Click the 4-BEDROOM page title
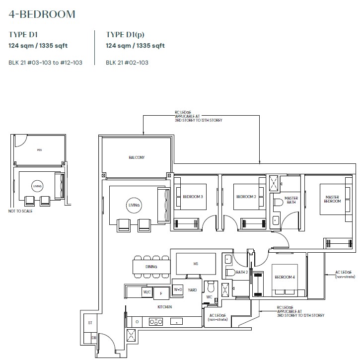[42, 14]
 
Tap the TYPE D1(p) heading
[125, 35]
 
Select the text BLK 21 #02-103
[127, 63]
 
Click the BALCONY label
[137, 157]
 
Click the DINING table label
[151, 267]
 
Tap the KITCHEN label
[164, 307]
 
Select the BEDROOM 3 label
[193, 197]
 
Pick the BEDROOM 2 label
[246, 197]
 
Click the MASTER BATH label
[291, 200]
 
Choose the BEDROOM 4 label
[285, 277]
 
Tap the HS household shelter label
[196, 264]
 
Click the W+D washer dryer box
[178, 289]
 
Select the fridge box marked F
[161, 293]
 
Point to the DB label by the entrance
[94, 338]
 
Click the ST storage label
[90, 323]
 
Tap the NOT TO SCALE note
[20, 211]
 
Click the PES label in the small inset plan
[39, 150]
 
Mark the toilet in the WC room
[211, 287]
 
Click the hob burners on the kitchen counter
[155, 322]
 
